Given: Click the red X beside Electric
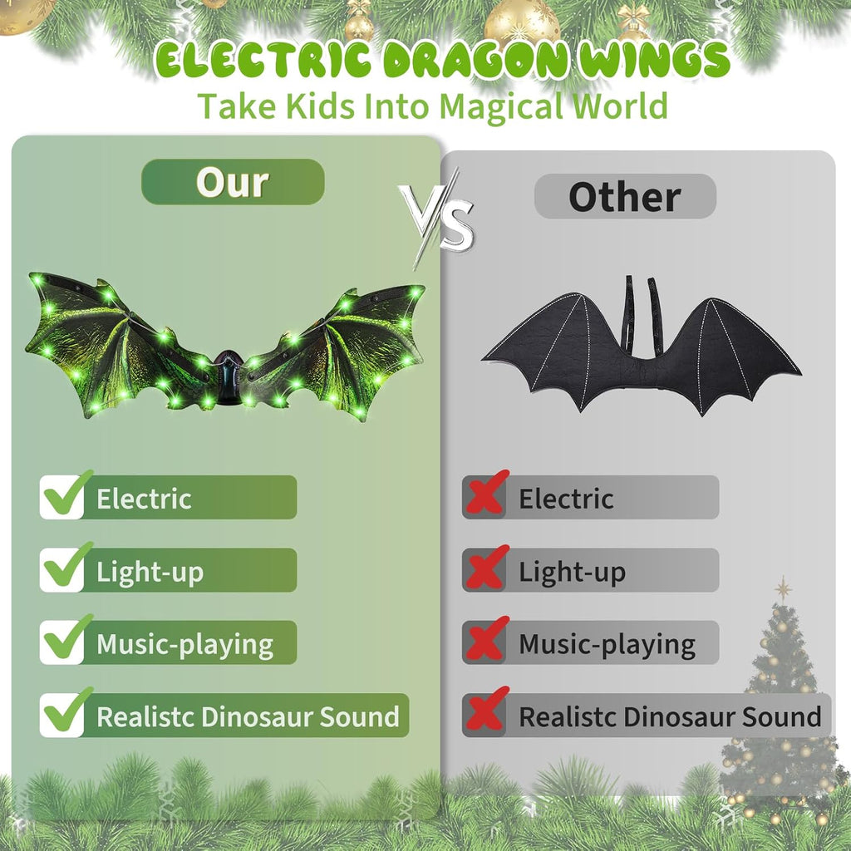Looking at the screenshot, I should point(486,495).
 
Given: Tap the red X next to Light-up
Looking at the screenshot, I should point(486,568).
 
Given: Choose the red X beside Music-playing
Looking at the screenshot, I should point(486,641).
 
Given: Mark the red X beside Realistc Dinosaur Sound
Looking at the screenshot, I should point(486,714).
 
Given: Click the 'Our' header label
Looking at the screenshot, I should point(233,182).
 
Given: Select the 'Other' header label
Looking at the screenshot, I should point(625,197).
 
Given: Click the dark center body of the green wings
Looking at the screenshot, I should point(227,378).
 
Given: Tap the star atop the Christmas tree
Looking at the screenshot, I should point(783,588).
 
